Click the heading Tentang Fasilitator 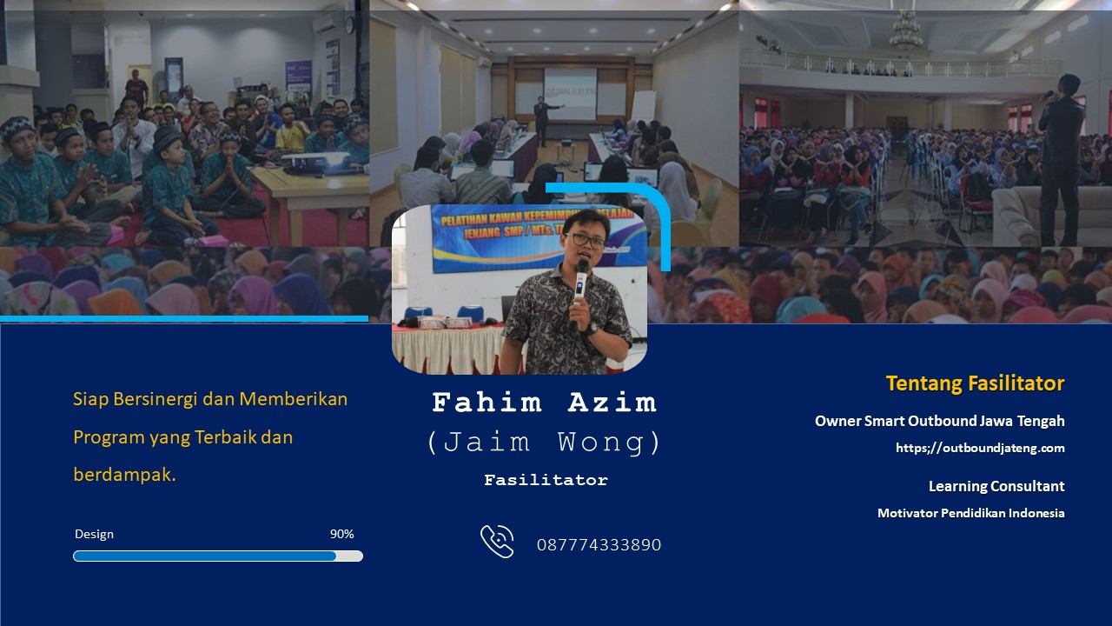(x=975, y=383)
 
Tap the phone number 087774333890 (x=599, y=545)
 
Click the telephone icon (x=498, y=542)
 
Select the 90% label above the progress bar (x=342, y=534)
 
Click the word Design (x=95, y=534)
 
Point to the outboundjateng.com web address (x=980, y=448)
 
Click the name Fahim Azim (x=544, y=403)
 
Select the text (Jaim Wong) (x=544, y=442)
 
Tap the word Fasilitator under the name (x=546, y=480)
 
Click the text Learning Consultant (x=996, y=486)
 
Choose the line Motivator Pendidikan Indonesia (x=971, y=513)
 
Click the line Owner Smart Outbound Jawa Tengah (x=940, y=422)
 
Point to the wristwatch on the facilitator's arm (x=591, y=329)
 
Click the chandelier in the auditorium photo (x=906, y=30)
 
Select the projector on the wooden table (x=317, y=163)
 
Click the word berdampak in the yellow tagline (x=124, y=476)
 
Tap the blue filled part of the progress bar (x=204, y=556)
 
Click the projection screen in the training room (x=571, y=95)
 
